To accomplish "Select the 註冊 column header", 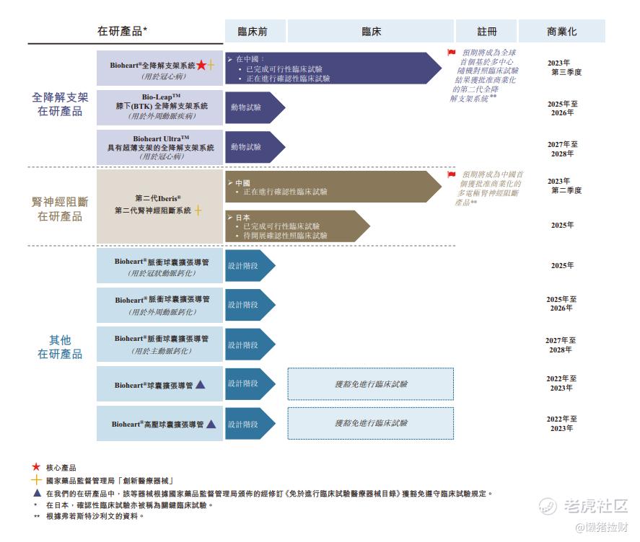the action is (x=486, y=31).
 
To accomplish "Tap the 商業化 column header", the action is (x=561, y=31).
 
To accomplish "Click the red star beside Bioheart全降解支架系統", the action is (x=201, y=65).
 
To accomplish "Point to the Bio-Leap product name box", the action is (x=159, y=107).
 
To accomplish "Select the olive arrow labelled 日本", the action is (x=297, y=226).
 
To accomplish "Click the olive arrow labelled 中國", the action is (x=333, y=187).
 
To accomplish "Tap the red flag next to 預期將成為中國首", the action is (x=452, y=174).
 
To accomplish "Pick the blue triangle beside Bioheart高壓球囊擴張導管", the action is (x=211, y=424).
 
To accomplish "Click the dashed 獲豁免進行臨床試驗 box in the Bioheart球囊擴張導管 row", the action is (x=371, y=383).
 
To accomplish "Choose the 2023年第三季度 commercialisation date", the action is (x=564, y=67).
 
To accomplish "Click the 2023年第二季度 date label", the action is (x=564, y=185).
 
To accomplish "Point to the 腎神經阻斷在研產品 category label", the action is (x=60, y=209).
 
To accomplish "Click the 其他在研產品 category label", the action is (x=60, y=347).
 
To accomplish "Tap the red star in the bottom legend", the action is (x=36, y=466).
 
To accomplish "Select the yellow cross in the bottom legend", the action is (x=36, y=480).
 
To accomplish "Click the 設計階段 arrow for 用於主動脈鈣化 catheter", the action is (x=250, y=345).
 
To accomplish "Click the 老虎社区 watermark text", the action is (x=595, y=506).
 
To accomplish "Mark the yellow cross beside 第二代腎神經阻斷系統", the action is (x=198, y=210).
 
